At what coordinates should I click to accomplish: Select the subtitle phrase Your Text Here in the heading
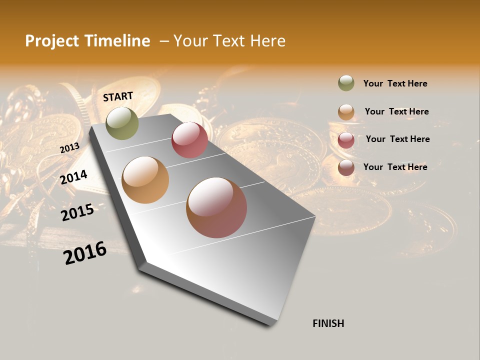(229, 41)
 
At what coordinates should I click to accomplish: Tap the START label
(118, 96)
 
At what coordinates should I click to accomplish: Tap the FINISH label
(328, 323)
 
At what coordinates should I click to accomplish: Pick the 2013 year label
(69, 148)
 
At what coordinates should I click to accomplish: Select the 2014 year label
(74, 177)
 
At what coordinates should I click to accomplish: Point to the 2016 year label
(85, 253)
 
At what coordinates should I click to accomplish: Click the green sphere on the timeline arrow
(122, 123)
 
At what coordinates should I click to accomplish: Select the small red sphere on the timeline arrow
(189, 140)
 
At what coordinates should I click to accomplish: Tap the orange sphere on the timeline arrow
(145, 180)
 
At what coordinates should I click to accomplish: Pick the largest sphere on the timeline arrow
(216, 207)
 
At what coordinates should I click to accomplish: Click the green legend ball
(346, 83)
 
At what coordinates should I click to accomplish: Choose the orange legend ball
(346, 112)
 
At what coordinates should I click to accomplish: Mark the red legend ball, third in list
(346, 140)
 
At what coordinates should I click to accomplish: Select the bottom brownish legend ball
(346, 168)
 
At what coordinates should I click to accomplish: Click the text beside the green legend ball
(395, 83)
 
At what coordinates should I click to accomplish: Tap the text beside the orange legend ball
(396, 111)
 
